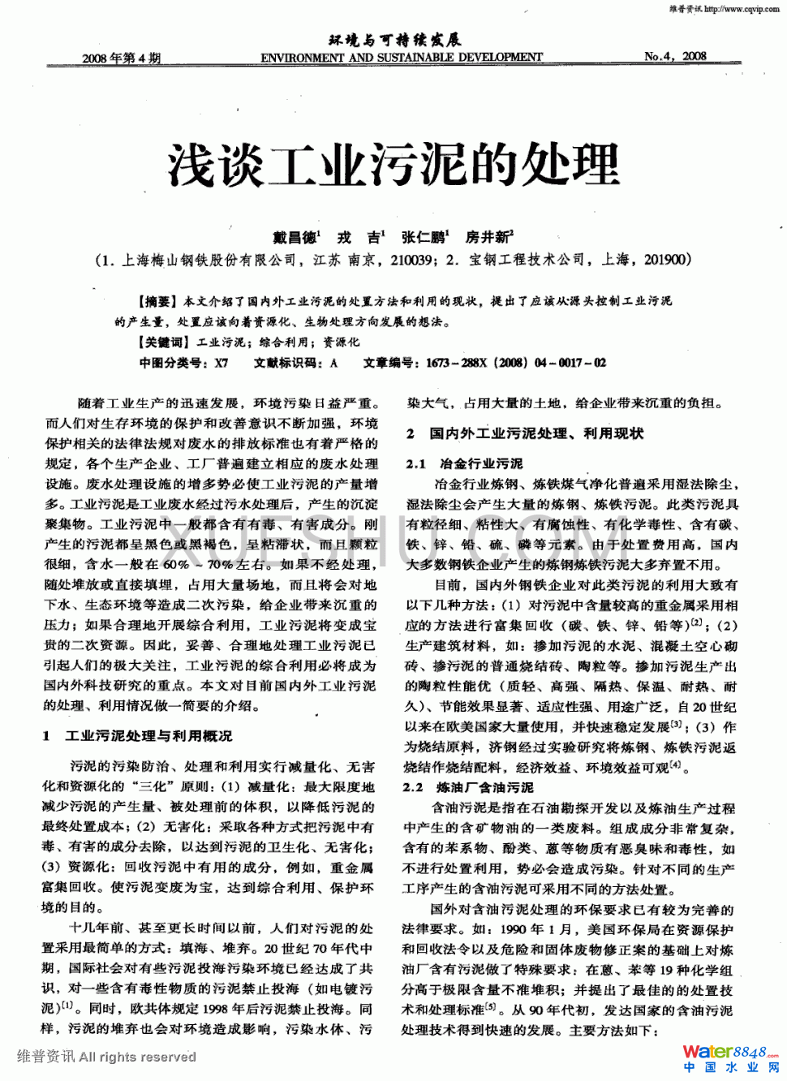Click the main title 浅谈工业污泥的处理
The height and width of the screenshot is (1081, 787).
coord(393,165)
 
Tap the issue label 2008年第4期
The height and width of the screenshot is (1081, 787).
coord(122,58)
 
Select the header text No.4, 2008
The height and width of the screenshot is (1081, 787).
coord(675,56)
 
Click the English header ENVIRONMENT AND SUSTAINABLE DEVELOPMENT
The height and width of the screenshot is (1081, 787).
coord(402,58)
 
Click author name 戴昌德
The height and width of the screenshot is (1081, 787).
coord(295,238)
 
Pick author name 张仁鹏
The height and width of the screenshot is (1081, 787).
coord(424,238)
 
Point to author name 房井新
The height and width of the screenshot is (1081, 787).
coord(487,238)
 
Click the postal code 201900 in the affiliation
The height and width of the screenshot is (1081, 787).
coord(664,260)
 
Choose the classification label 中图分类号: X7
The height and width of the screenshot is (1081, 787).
coord(184,363)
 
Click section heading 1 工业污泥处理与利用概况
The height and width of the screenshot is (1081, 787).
coord(138,736)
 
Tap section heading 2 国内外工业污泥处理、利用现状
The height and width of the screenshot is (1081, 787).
coord(525,433)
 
